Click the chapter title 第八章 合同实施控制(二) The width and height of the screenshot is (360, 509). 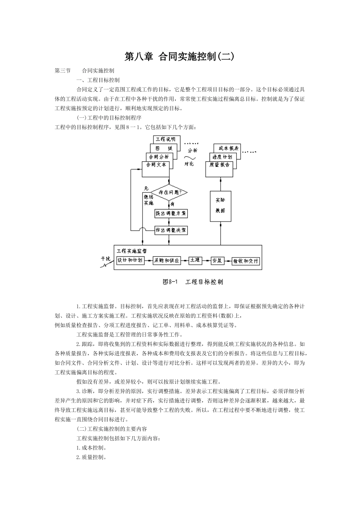point(180,57)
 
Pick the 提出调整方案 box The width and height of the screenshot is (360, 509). point(171,213)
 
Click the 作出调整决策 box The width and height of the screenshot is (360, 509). point(171,230)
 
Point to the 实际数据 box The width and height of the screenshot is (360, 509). point(221,206)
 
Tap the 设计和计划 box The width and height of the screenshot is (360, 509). point(130,260)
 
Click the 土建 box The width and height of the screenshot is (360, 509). point(195,261)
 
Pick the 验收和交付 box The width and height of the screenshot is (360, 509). point(246,261)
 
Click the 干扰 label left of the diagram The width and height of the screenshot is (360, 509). point(106,258)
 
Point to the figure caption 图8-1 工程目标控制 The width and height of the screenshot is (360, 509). point(193,282)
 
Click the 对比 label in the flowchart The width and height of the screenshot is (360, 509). point(189,164)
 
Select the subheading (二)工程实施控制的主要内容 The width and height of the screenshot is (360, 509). point(112,429)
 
